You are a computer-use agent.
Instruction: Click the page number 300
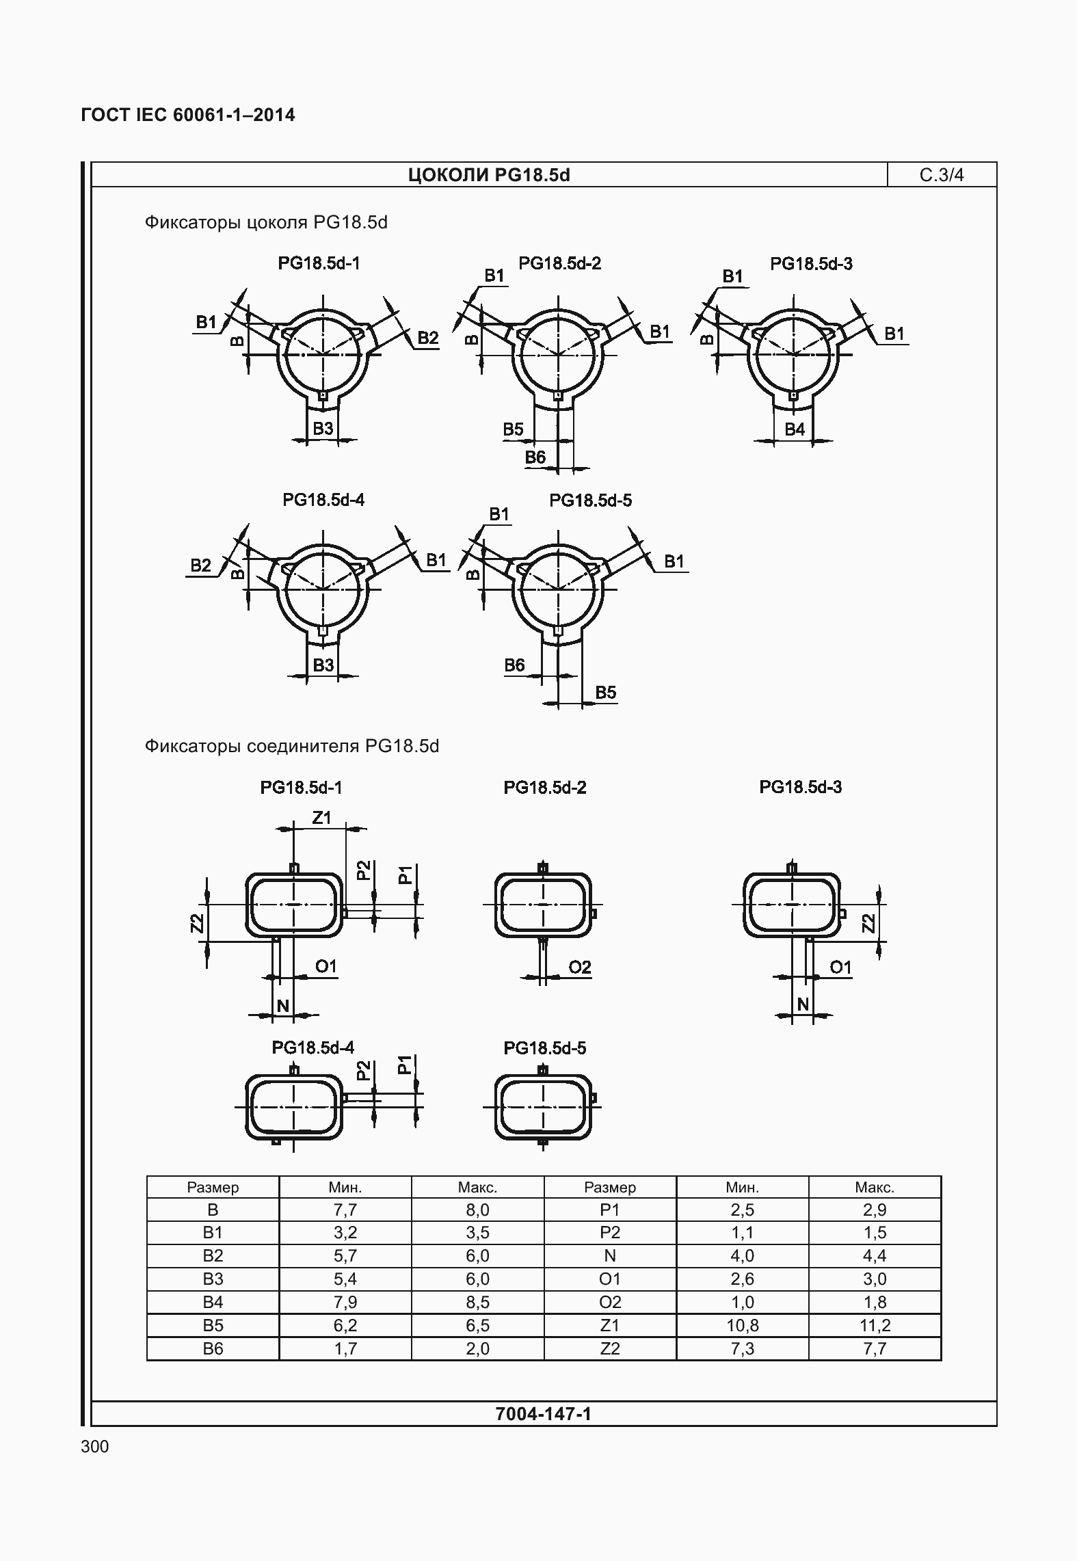[x=94, y=1446]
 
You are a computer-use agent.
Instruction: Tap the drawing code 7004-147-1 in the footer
[x=543, y=1413]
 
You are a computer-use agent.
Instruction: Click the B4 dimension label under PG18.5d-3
[x=795, y=429]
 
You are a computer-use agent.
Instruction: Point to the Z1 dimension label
[x=321, y=818]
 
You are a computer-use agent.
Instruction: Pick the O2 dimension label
[x=580, y=967]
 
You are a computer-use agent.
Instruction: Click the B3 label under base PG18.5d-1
[x=323, y=429]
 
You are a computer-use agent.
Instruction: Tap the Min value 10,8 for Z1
[x=742, y=1325]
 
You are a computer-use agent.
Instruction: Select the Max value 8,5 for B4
[x=477, y=1302]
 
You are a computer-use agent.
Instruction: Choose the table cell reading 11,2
[x=875, y=1325]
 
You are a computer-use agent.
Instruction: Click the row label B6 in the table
[x=213, y=1348]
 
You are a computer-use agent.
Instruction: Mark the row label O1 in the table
[x=609, y=1279]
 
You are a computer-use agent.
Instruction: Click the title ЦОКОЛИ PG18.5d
[x=489, y=175]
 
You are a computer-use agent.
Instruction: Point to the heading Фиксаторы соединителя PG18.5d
[x=291, y=745]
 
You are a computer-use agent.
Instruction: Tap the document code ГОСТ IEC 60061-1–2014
[x=188, y=115]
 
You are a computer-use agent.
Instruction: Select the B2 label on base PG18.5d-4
[x=200, y=565]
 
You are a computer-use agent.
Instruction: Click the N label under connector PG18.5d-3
[x=803, y=1004]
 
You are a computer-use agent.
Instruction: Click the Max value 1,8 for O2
[x=875, y=1302]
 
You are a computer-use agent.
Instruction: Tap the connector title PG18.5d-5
[x=544, y=1048]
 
